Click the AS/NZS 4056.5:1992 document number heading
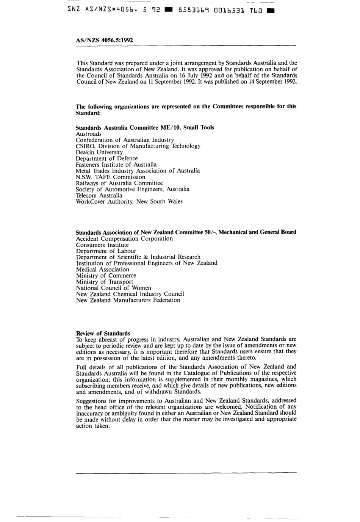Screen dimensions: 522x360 [104, 40]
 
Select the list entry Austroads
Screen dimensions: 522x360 [89, 134]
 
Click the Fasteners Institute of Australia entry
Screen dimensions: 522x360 [116, 165]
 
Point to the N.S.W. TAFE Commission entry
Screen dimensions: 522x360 [110, 177]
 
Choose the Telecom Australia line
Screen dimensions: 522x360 [99, 196]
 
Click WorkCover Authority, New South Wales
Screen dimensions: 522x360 [129, 202]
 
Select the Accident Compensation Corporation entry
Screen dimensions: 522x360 [124, 239]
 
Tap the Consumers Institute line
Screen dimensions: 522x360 [102, 245]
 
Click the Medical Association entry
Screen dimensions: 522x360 [102, 270]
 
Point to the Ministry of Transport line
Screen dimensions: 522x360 [105, 282]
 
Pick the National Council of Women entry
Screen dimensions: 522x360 [113, 288]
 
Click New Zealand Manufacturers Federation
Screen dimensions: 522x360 [128, 300]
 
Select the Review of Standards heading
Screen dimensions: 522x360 [103, 334]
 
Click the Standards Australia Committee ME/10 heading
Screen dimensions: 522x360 [145, 128]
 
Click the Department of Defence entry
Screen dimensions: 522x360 [106, 158]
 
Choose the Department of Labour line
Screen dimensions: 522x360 [106, 251]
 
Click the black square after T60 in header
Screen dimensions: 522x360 [270, 11]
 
